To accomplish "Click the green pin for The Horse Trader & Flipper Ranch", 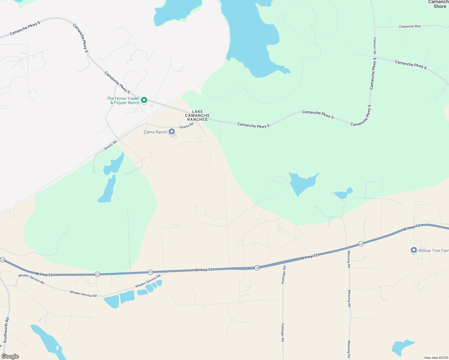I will click(144, 100).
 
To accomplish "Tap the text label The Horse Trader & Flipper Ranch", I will click(123, 100).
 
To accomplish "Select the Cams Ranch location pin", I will click(172, 131).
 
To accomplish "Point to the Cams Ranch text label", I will click(155, 132).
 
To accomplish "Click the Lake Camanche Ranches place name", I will click(197, 115).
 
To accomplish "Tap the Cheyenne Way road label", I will click(410, 26).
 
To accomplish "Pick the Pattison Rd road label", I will click(375, 45).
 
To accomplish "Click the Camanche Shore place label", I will click(439, 4).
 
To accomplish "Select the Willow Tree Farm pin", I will click(414, 250).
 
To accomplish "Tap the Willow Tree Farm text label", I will click(433, 250).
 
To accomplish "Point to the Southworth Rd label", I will click(6, 330).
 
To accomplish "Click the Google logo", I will click(10, 356).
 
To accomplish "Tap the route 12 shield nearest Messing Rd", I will click(361, 244).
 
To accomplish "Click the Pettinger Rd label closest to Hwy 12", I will click(284, 274).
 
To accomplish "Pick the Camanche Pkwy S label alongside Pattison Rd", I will click(373, 74).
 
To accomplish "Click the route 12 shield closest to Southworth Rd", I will click(3, 259).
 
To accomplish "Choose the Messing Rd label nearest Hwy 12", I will click(349, 259).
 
